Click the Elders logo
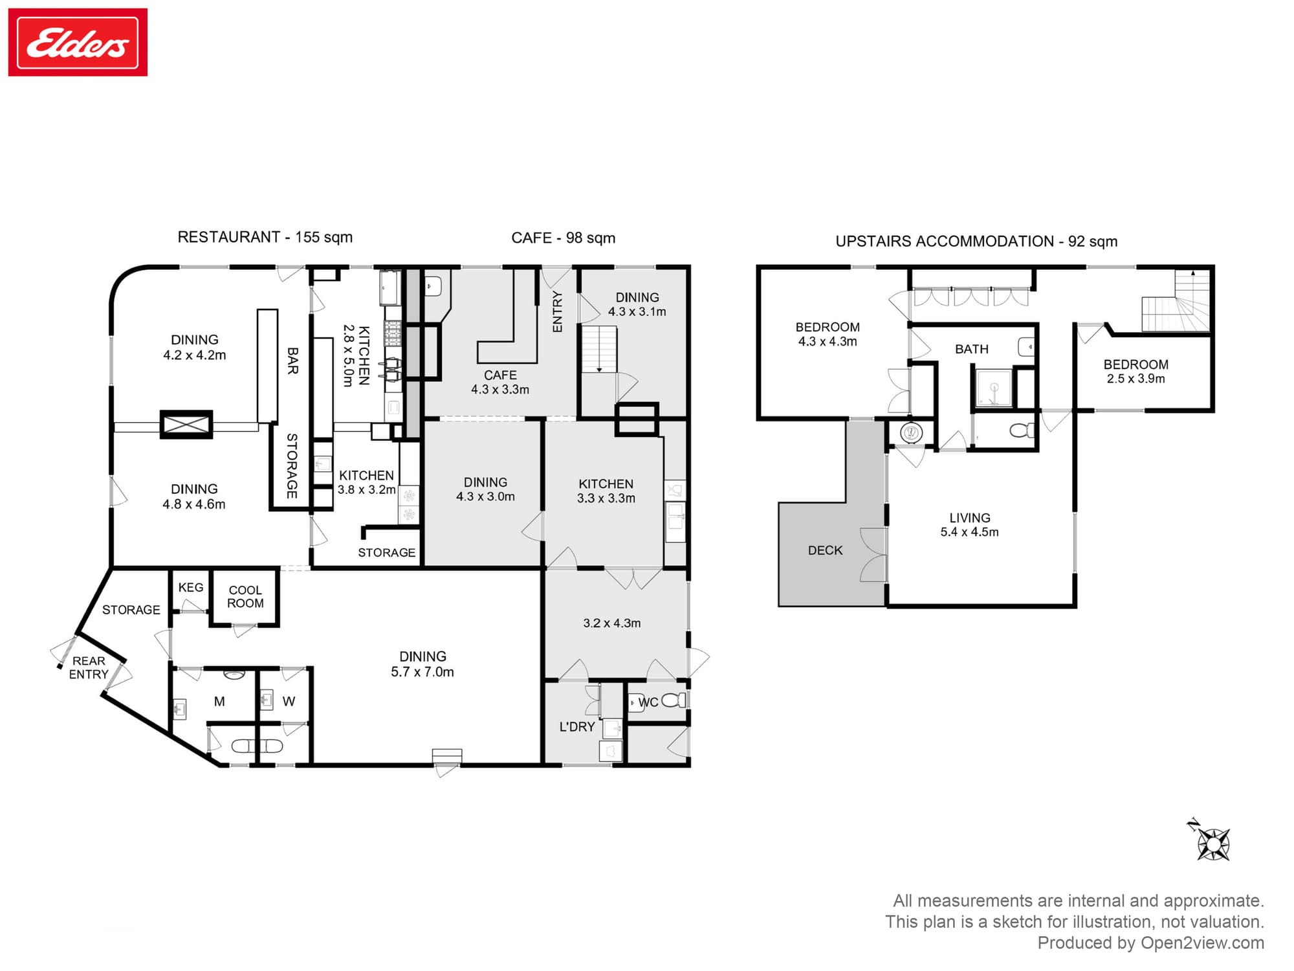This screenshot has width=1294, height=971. (x=78, y=43)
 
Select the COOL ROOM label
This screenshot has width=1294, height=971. (x=245, y=597)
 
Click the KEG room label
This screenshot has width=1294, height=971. (x=190, y=588)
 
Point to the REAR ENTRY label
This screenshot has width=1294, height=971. (x=89, y=667)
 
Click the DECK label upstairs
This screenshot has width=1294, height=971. (x=825, y=551)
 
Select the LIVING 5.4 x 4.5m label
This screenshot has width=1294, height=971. (x=969, y=525)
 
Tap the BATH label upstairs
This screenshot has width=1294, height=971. (x=971, y=350)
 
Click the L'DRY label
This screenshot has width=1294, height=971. (x=576, y=727)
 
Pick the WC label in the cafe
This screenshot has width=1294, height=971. (x=648, y=702)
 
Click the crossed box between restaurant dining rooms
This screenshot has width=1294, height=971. (x=186, y=425)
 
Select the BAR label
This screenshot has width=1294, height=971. (x=292, y=361)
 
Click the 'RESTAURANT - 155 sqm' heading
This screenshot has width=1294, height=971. (x=265, y=238)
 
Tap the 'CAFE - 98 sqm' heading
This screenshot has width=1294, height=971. (x=563, y=238)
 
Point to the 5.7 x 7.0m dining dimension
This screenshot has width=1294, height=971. (x=422, y=673)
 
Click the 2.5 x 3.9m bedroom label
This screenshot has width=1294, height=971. (x=1135, y=379)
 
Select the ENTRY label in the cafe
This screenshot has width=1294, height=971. (x=557, y=312)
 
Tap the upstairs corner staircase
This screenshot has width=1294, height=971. (x=1176, y=302)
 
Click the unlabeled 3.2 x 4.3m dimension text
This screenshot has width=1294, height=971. (x=611, y=623)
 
